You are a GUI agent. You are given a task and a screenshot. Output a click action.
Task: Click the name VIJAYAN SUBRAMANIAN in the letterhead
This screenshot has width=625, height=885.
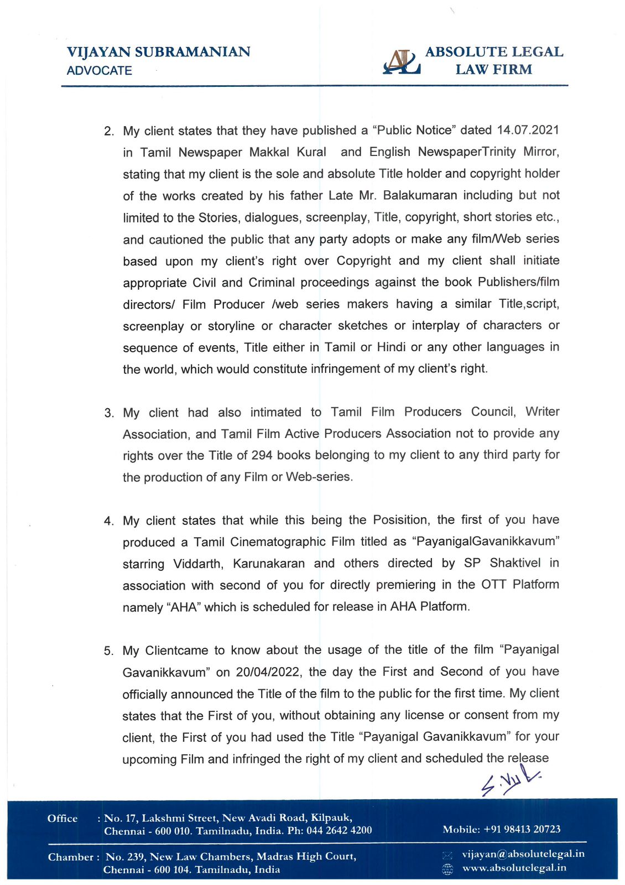point(158,52)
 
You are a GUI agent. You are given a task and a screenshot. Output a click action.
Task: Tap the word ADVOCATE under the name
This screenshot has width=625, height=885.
point(100,71)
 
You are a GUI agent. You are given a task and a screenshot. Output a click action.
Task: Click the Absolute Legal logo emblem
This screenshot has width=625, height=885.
point(402,62)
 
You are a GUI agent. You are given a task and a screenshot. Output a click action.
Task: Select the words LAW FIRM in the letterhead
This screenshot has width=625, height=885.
point(493,70)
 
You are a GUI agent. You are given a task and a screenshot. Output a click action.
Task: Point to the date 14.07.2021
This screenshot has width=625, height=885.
point(528,131)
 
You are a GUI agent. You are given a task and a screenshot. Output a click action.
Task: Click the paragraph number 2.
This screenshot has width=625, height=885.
point(109,132)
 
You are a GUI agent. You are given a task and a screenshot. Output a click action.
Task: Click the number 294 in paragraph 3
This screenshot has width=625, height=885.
point(262,455)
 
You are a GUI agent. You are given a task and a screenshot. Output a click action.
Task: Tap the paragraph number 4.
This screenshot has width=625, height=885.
point(109,521)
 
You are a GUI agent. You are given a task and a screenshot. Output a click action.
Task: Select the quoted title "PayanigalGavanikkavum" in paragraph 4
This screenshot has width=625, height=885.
point(486,542)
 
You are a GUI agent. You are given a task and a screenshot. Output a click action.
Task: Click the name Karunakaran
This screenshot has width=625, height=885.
point(269,564)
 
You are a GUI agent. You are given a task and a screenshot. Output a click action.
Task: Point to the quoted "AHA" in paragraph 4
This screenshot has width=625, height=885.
point(183,607)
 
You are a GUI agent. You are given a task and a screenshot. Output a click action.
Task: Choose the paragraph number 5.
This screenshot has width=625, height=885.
point(109,651)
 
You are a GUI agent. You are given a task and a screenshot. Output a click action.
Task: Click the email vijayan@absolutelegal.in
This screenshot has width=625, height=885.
point(523,854)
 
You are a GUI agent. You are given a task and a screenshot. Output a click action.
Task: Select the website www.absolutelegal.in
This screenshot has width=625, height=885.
point(514,868)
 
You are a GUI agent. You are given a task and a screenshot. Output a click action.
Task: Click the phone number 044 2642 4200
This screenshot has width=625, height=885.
point(339,831)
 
